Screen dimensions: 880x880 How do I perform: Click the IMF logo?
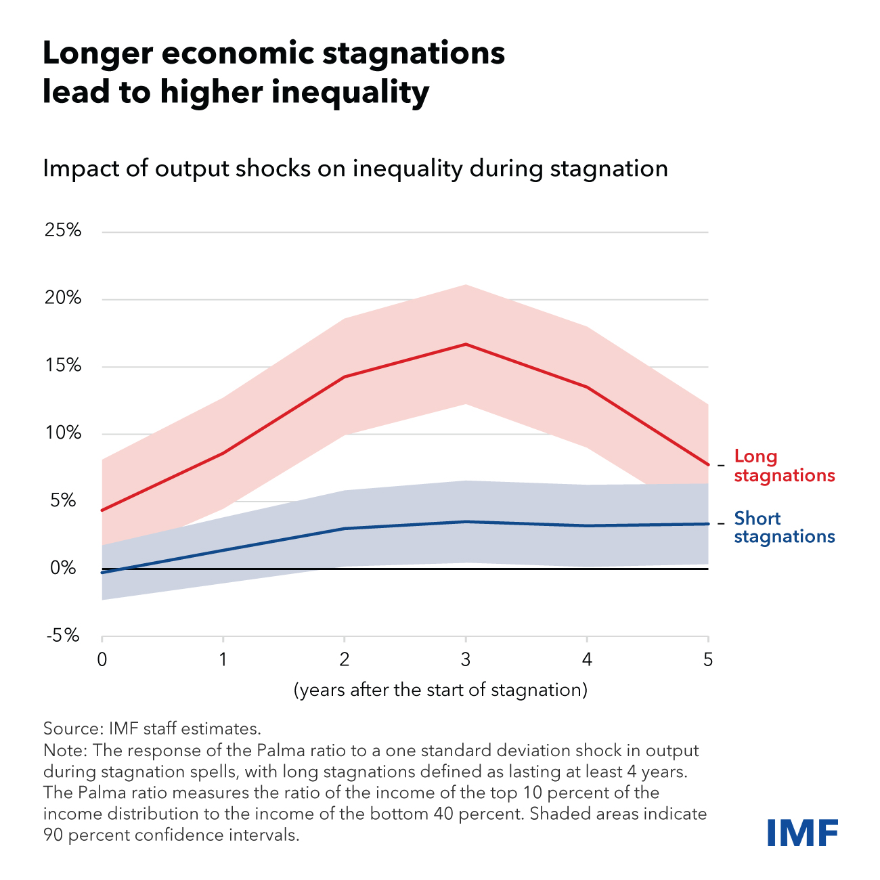tap(802, 832)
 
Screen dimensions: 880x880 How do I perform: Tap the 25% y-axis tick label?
tap(63, 231)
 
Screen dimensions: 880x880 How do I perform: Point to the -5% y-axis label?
tap(63, 636)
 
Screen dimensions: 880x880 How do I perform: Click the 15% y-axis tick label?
tap(63, 366)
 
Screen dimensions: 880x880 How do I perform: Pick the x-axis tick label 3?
tap(466, 659)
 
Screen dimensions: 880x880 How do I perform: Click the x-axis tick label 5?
tap(708, 659)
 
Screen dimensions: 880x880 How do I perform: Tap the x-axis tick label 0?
tap(102, 659)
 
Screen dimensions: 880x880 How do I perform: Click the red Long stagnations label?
tap(784, 466)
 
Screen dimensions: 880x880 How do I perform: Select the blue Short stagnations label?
tap(784, 527)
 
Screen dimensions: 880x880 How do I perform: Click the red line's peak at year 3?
tap(466, 345)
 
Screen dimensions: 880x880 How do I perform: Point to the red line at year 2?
tap(345, 377)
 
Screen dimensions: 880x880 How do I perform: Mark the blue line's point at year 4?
tap(587, 525)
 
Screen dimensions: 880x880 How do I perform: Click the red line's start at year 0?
tap(102, 510)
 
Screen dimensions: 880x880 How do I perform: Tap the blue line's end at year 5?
tap(707, 523)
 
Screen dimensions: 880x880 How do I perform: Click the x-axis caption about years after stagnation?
tap(440, 690)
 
